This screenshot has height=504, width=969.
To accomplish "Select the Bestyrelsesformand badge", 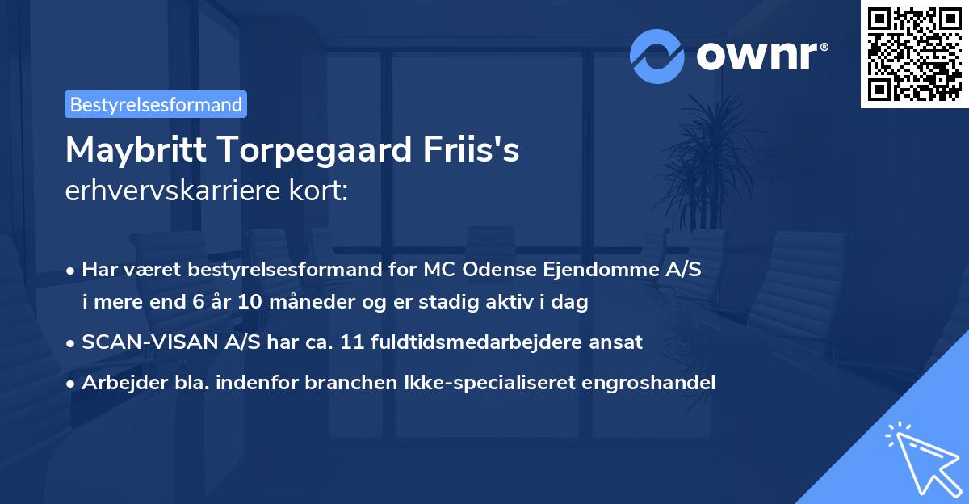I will click(156, 104).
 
